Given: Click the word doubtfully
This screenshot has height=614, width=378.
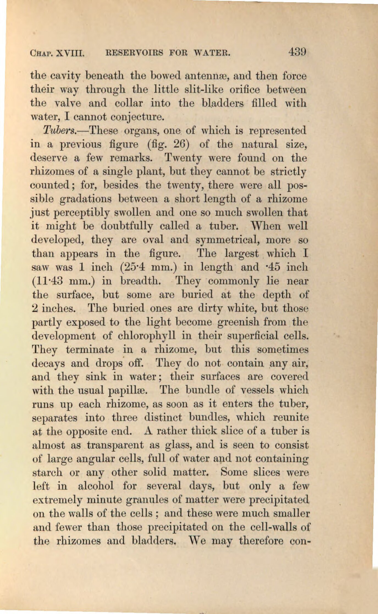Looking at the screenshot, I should (x=127, y=226).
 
